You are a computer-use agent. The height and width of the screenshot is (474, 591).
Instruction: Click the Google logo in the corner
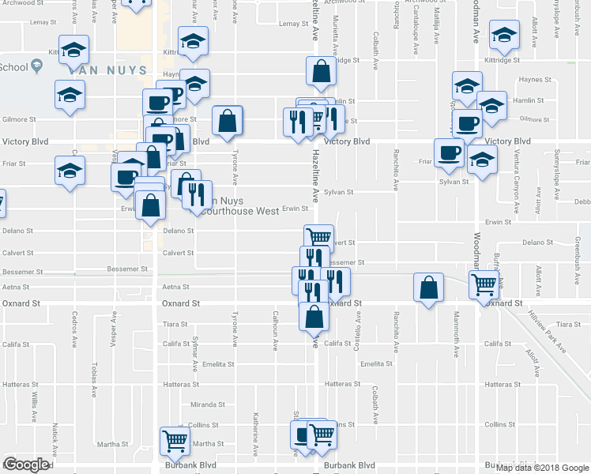(x=26, y=465)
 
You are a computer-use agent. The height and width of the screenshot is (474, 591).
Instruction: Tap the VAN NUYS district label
(x=107, y=70)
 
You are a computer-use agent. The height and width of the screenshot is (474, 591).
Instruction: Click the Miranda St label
(x=208, y=404)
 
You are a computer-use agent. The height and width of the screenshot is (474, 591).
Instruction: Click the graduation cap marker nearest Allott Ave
(x=503, y=36)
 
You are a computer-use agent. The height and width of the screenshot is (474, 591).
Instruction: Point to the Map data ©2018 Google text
(x=543, y=467)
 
